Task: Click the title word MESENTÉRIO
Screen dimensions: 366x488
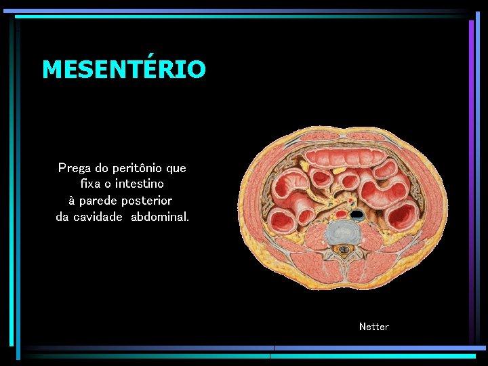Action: click(123, 69)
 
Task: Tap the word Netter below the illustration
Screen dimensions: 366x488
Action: click(374, 327)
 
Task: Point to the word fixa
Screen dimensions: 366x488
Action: click(92, 184)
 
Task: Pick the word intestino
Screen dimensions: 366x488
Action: click(140, 184)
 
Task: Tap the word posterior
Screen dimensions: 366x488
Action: click(147, 201)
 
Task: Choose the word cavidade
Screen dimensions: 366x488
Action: click(98, 217)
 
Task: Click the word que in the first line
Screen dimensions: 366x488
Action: click(176, 168)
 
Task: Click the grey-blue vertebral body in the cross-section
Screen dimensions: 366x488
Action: click(344, 232)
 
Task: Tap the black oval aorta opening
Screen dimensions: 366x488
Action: click(357, 215)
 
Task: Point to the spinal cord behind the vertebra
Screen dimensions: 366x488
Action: click(344, 250)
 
